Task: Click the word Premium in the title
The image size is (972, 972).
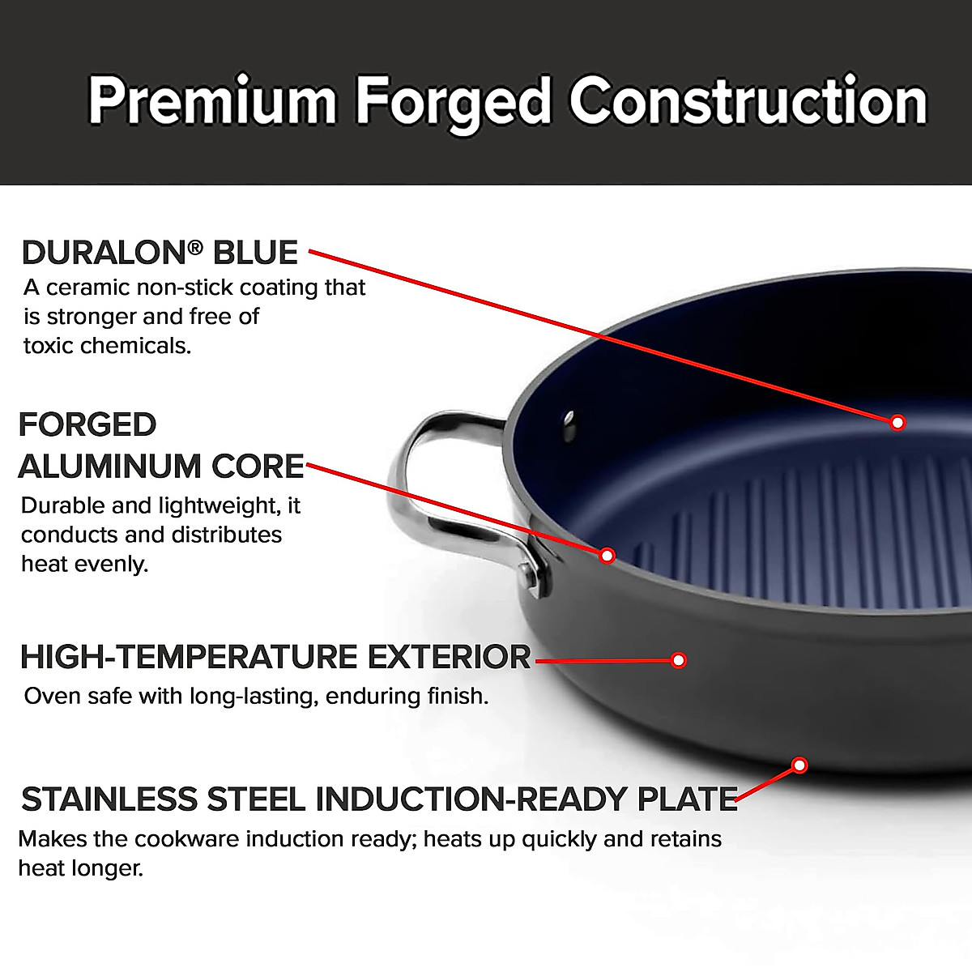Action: coord(212,101)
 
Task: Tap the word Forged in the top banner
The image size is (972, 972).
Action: coord(454,101)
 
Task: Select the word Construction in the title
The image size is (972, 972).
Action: coord(748,101)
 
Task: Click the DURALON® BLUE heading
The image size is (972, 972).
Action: coord(160,253)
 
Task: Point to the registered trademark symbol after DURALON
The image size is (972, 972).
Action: coord(194,245)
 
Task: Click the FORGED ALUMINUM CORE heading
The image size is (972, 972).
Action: coord(160,446)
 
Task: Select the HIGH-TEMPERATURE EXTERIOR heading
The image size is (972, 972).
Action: coord(275,657)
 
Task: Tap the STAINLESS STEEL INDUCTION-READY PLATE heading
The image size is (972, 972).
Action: coord(379,799)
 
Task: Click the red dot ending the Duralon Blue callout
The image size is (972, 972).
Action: coord(897,422)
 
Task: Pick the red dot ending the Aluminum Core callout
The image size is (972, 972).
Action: coord(607,556)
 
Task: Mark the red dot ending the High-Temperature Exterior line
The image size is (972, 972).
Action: coord(679,660)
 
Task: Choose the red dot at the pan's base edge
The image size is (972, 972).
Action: coord(799,765)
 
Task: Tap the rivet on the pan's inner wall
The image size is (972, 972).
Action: coord(569,423)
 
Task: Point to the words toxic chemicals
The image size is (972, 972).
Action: coord(107,346)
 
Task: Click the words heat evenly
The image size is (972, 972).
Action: coord(85,564)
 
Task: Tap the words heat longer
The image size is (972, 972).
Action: coord(80,868)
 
